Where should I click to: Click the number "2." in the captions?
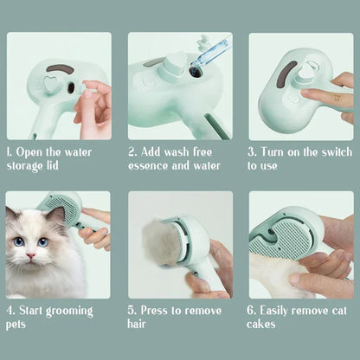pyautogui.click(x=133, y=151)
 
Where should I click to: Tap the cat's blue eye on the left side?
pyautogui.click(x=18, y=241)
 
